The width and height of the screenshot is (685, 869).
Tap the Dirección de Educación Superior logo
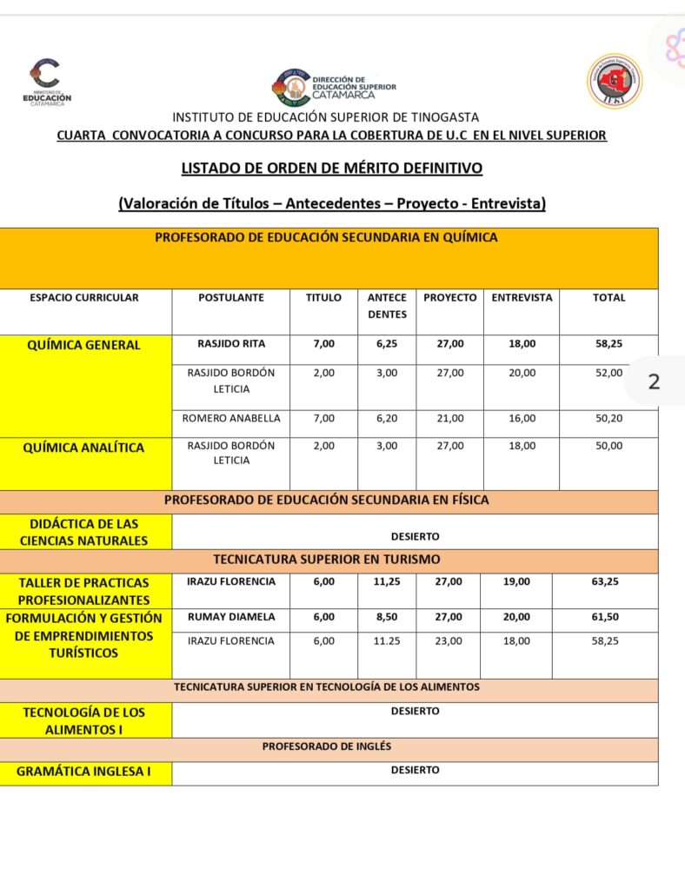(x=335, y=87)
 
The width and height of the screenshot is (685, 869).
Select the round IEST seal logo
(x=614, y=81)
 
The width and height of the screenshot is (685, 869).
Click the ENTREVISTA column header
(x=522, y=297)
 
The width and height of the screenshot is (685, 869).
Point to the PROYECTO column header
(x=449, y=297)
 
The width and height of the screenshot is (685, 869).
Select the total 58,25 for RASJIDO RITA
(x=609, y=344)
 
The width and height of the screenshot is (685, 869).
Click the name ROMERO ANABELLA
(x=231, y=418)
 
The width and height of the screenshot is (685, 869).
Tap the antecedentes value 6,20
(x=387, y=418)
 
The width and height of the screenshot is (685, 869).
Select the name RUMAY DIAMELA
(x=231, y=617)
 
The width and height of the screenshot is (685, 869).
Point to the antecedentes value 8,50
(x=387, y=617)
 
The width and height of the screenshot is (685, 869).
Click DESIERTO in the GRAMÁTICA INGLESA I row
(x=415, y=770)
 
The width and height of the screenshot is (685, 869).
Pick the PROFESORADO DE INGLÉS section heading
(x=327, y=746)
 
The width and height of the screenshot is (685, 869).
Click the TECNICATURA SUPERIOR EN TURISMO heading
(x=327, y=560)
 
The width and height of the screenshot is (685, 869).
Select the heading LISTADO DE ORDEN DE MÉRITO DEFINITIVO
(x=331, y=168)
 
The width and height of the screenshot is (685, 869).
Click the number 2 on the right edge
(x=655, y=381)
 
